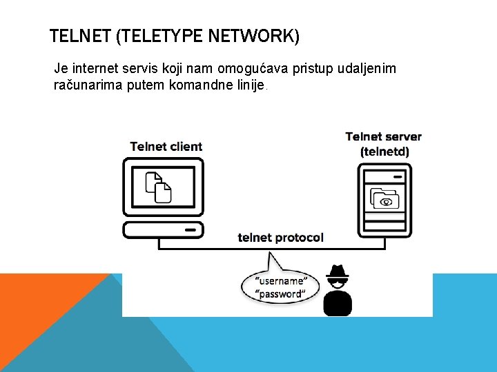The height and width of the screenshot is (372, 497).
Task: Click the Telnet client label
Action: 166,146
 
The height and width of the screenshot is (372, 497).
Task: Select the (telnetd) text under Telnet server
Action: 384,151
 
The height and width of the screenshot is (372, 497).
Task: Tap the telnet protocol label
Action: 280,238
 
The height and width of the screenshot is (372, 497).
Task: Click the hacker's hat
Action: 338,271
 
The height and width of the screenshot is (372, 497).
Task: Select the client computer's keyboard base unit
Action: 163,229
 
